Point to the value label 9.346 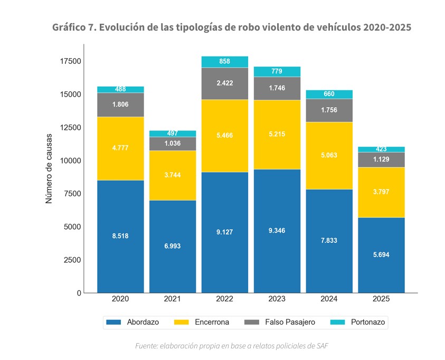tap(277, 230)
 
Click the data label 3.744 tap(172, 175)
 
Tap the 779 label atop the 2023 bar tap(277, 71)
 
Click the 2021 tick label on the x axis tap(172, 299)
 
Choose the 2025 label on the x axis tap(381, 299)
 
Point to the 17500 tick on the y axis tap(70, 61)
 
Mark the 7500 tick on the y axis tap(72, 194)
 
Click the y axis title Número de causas tap(49, 168)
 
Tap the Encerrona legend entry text tap(211, 322)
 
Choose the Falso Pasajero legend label tap(290, 322)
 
